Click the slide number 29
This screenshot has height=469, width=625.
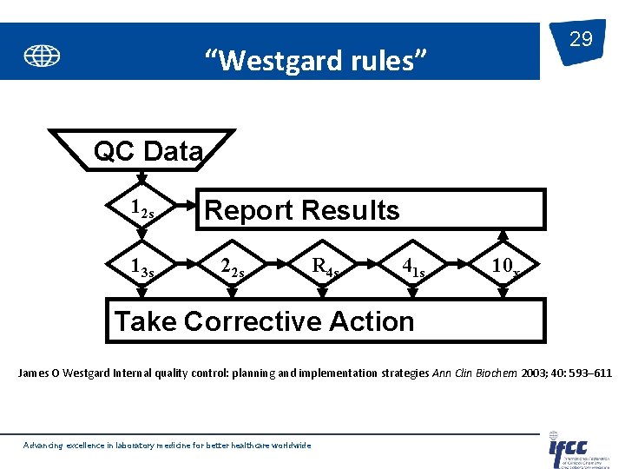point(581,39)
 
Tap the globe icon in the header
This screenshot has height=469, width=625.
point(42,56)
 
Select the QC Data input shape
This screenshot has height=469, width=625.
point(148,151)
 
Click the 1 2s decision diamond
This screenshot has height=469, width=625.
point(141,209)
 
